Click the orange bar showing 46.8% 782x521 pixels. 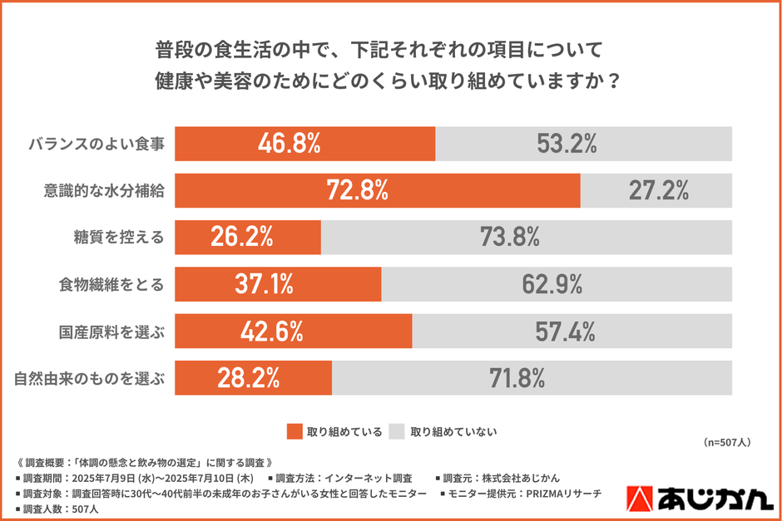[x=305, y=144]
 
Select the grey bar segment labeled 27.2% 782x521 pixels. [x=657, y=191]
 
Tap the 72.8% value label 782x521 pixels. [x=357, y=191]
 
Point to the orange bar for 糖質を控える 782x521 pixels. [x=248, y=238]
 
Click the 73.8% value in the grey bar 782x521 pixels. [x=509, y=238]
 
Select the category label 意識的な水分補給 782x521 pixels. [x=103, y=191]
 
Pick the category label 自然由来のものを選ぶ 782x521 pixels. [x=90, y=379]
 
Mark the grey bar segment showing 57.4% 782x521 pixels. [x=572, y=332]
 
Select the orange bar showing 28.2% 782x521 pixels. [x=253, y=379]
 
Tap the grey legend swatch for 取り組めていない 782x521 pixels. [x=396, y=431]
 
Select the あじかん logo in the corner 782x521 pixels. [x=697, y=498]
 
